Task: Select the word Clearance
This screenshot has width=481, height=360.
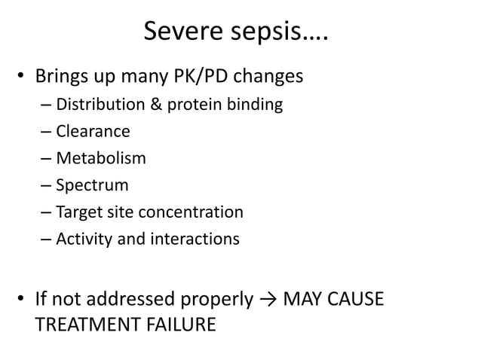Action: coord(93,132)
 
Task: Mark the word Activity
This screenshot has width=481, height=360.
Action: coord(85,239)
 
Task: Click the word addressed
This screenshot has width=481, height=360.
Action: coord(141,299)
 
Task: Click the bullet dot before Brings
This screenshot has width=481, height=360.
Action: coord(23,77)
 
